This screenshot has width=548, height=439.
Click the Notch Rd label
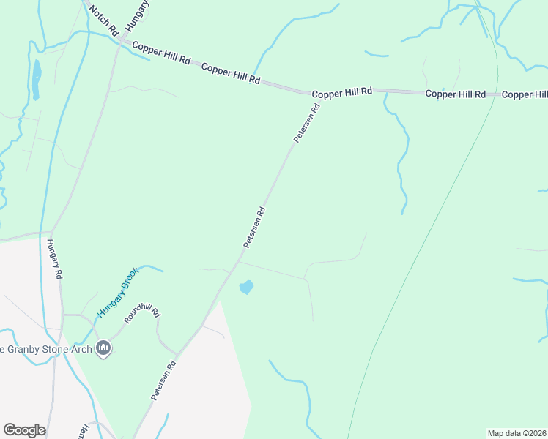(103, 21)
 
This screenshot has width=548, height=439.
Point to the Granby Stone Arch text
(45, 349)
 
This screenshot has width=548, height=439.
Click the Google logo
(24, 430)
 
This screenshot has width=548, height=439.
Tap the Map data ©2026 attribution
(516, 433)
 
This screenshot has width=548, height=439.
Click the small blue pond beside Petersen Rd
(246, 288)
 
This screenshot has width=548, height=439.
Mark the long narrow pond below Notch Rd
(36, 72)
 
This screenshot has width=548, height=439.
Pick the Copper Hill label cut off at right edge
(525, 94)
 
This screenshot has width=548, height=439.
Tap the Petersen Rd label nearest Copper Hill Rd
(307, 123)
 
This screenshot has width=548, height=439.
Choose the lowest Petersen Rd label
(165, 380)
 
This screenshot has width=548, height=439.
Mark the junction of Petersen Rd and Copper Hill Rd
(320, 94)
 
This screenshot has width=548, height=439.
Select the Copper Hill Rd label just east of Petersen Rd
(342, 94)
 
